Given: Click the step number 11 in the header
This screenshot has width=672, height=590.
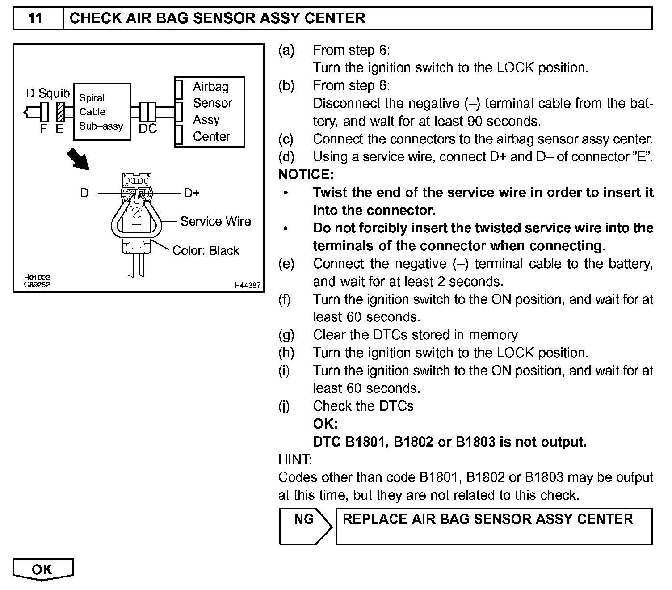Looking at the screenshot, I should (35, 18).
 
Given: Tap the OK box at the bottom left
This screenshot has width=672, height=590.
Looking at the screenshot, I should (42, 569).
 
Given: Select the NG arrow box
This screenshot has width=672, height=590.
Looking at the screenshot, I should (304, 525).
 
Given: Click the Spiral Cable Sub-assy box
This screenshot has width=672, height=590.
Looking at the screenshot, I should (101, 112).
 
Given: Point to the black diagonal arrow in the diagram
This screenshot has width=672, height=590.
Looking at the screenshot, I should (78, 160).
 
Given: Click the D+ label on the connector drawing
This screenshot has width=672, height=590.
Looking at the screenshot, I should (192, 193).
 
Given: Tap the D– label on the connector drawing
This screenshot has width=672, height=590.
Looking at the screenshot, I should (88, 193).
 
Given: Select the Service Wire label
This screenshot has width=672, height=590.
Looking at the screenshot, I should (215, 221).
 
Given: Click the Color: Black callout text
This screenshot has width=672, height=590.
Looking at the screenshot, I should (206, 250).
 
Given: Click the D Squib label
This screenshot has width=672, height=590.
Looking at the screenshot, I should (48, 93).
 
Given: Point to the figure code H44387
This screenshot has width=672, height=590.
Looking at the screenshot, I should (247, 286).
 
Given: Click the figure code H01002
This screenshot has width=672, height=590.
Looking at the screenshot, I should (37, 278).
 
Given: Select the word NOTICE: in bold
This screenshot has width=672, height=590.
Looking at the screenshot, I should (306, 175).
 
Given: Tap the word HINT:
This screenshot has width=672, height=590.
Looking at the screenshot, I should (295, 459).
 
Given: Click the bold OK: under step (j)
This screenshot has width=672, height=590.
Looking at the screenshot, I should (325, 424).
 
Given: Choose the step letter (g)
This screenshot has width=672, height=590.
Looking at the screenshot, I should (286, 335).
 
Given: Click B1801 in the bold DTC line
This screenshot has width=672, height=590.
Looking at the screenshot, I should (363, 442).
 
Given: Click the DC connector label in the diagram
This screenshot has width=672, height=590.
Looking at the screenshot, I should (147, 129).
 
